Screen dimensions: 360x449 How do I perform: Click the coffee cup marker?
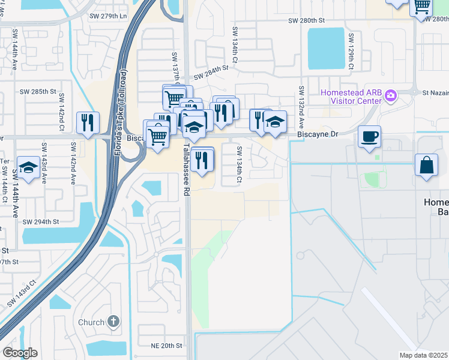pyautogui.click(x=370, y=136)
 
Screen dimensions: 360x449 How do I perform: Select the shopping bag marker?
pyautogui.click(x=426, y=164)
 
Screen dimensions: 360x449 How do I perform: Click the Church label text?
pyautogui.click(x=91, y=322)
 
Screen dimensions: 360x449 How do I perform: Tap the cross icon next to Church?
pyautogui.click(x=113, y=322)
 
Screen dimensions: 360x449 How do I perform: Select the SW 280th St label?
pyautogui.click(x=306, y=20)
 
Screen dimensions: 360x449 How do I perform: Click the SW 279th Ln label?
pyautogui.click(x=107, y=16)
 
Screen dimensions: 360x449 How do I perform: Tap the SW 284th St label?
pyautogui.click(x=211, y=73)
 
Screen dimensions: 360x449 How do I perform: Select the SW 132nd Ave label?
pyautogui.click(x=301, y=108)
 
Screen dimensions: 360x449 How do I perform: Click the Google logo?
pyautogui.click(x=20, y=353)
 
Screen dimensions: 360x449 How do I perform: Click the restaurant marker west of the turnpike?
pyautogui.click(x=88, y=123)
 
